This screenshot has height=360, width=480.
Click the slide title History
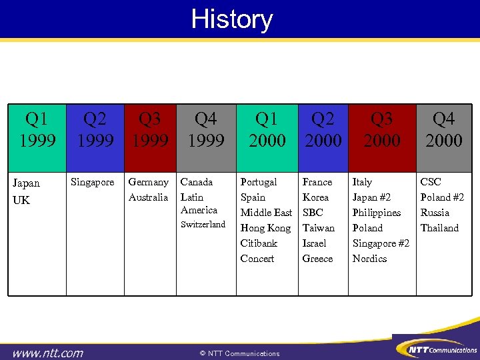click(x=232, y=19)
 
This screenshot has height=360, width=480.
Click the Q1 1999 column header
click(x=37, y=130)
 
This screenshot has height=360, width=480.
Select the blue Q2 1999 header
click(x=95, y=130)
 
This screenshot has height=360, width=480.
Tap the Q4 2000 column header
click(x=443, y=130)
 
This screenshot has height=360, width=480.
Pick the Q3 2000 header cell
click(x=382, y=130)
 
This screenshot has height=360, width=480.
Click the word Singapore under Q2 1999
click(x=92, y=182)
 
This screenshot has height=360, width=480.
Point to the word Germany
click(x=148, y=182)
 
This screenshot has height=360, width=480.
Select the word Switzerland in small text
click(x=203, y=225)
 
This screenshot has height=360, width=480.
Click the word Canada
click(x=197, y=182)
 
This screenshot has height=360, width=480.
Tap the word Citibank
click(x=259, y=243)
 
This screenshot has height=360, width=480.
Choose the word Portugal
click(x=259, y=182)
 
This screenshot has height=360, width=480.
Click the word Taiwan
click(x=318, y=228)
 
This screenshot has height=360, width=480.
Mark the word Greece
click(x=317, y=259)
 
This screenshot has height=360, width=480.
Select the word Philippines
click(x=377, y=213)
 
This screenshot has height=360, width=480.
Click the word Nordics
click(x=369, y=259)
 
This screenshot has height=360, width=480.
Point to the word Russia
click(x=435, y=213)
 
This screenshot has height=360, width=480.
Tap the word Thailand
click(x=439, y=228)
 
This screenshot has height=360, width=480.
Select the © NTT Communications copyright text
click(x=239, y=353)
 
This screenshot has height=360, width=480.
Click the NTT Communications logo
click(x=437, y=348)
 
